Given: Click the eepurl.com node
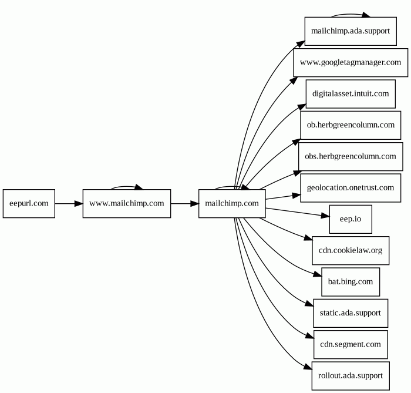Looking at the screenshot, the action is tap(29, 203).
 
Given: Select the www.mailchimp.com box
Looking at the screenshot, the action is tap(127, 203).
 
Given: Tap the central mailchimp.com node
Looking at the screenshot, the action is tap(232, 203).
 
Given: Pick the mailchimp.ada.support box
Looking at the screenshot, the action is tap(351, 31).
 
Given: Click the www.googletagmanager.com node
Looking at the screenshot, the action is tap(351, 63).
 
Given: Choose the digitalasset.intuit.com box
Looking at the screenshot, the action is tap(351, 94).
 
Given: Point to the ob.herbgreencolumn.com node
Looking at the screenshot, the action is tap(351, 125).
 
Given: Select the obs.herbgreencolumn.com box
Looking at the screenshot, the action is tap(351, 156).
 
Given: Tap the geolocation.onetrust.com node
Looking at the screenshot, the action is tap(351, 188).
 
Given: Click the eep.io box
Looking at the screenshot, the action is tap(351, 219).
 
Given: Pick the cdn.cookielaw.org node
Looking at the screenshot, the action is tap(351, 250).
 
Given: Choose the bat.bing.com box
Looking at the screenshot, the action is tap(351, 282).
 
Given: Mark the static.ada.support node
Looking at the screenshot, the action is tap(351, 313).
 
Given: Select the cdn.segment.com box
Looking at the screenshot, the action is tap(351, 344).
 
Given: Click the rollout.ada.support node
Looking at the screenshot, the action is tap(351, 376).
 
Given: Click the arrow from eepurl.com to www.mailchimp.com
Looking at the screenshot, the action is tap(69, 203).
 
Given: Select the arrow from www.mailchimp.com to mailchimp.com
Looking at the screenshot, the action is tap(185, 203).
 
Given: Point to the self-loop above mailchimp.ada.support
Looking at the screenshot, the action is tap(351, 14).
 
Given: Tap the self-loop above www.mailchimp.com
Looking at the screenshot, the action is tap(127, 186).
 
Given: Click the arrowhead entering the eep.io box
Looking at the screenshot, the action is tap(325, 216).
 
